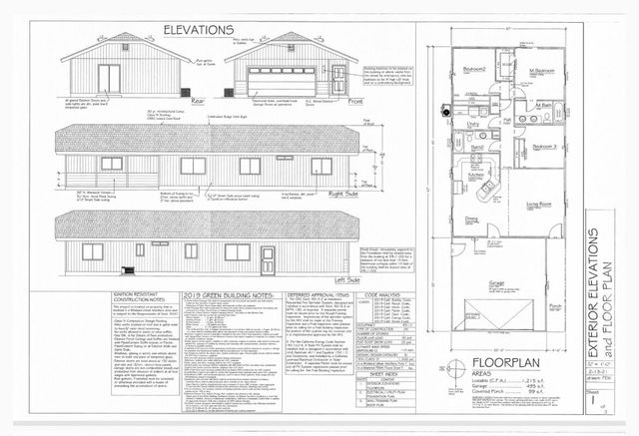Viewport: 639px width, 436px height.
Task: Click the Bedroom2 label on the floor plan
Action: (473, 69)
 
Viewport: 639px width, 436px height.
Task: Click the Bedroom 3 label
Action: (544, 146)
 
